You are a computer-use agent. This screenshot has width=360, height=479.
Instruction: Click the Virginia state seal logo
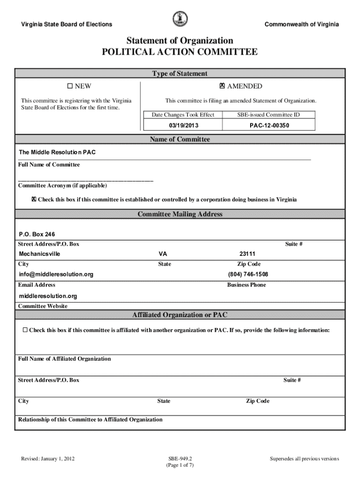click(180, 19)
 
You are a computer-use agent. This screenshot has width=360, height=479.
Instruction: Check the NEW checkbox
click(70, 86)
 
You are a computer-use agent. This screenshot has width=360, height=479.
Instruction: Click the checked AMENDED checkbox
click(222, 86)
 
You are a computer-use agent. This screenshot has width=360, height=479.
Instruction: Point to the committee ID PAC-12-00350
click(269, 125)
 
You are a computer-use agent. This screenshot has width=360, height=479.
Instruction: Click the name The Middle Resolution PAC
click(58, 152)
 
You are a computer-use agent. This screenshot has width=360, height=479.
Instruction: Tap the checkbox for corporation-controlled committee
click(34, 200)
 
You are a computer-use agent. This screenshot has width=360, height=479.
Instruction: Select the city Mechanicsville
click(39, 254)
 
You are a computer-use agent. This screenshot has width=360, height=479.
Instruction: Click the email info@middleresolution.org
click(56, 275)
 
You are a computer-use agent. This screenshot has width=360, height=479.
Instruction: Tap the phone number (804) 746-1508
click(248, 275)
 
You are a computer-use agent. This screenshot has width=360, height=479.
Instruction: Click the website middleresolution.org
click(48, 296)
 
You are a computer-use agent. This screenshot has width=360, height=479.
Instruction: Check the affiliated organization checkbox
click(25, 330)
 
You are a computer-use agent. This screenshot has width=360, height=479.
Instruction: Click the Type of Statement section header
click(180, 73)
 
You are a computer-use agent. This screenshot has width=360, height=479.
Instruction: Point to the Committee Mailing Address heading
click(180, 214)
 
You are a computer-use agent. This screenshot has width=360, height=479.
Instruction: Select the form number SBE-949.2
click(180, 459)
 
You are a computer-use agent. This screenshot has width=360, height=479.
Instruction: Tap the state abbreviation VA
click(163, 254)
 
